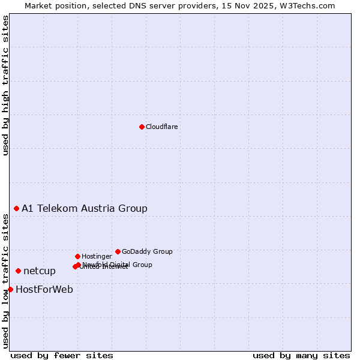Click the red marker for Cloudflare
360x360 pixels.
tap(142, 127)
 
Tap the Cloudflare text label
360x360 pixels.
tap(162, 127)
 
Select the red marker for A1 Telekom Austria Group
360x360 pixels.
tap(16, 208)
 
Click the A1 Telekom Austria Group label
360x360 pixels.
tap(85, 209)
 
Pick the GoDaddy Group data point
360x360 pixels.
tap(118, 251)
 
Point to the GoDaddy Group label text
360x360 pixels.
tap(147, 251)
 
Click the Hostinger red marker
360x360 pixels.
tap(77, 256)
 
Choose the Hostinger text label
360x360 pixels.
tap(97, 256)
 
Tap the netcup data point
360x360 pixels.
tap(18, 271)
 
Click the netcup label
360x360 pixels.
tap(40, 271)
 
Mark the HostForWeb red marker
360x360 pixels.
tap(10, 289)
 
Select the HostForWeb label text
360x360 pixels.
tap(44, 290)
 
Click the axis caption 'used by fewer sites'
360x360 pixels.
tap(62, 355)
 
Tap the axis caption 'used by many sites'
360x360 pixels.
tap(301, 355)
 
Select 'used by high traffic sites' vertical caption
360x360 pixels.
tap(5, 85)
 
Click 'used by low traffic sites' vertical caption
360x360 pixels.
tap(5, 281)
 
